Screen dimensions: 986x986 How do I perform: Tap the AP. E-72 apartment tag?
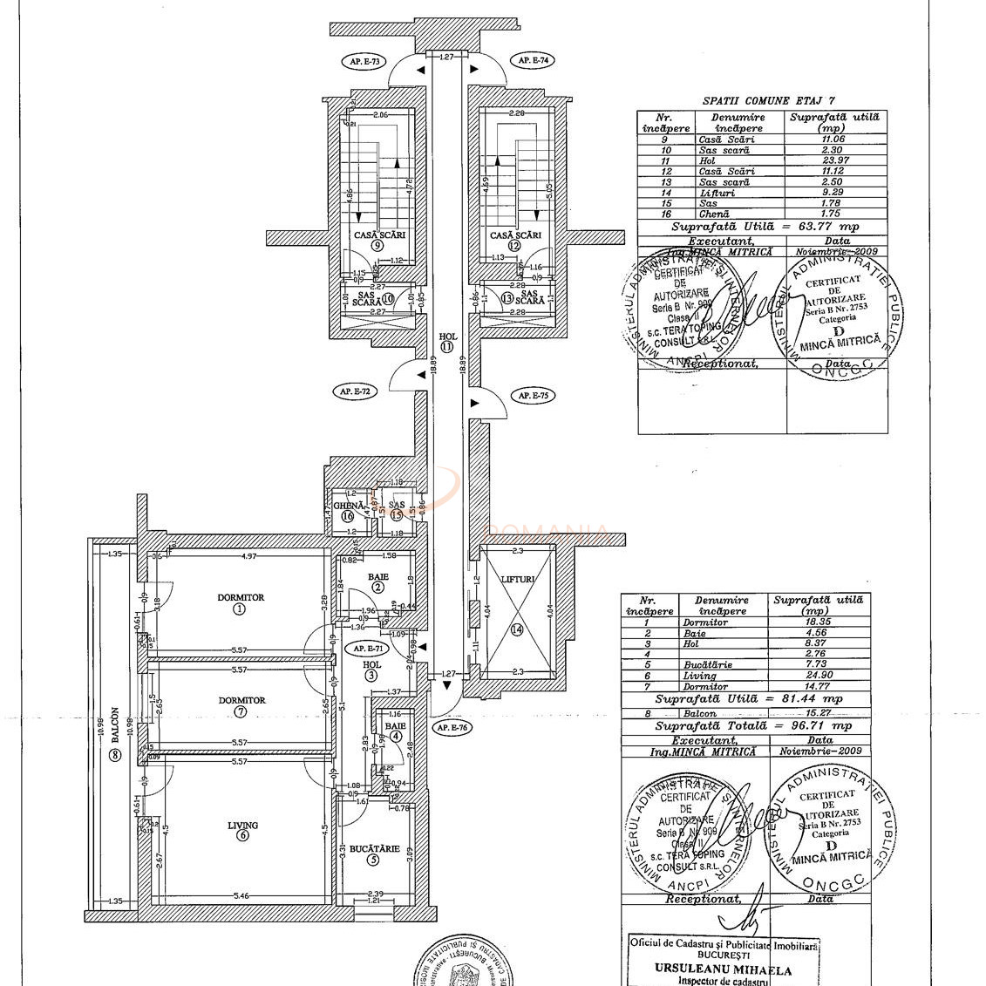[x=354, y=391]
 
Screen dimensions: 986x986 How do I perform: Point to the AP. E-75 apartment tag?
[x=532, y=395]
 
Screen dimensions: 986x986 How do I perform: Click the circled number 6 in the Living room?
[x=241, y=836]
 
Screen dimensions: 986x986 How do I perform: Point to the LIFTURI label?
[x=518, y=579]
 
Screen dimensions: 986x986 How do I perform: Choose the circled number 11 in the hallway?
[x=447, y=346]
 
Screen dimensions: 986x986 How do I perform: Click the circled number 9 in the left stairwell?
[x=377, y=246]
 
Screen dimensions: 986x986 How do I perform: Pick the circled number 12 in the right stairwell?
[x=514, y=246]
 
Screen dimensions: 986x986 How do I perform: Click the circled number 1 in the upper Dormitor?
[x=240, y=609]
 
